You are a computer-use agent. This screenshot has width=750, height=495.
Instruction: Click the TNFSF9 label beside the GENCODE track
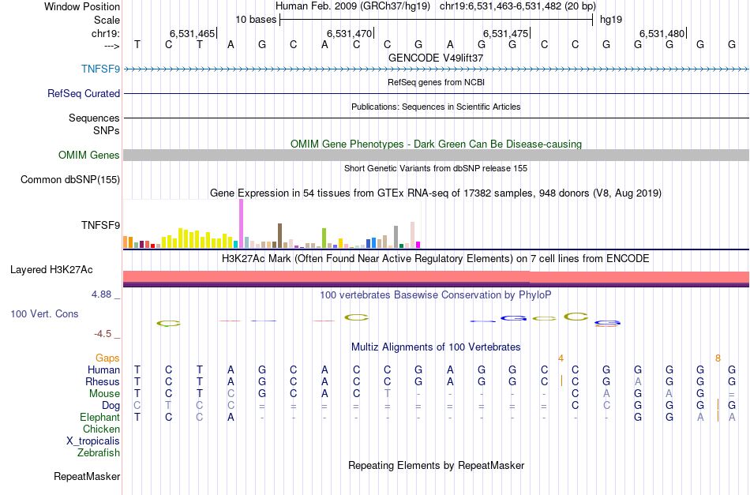pyautogui.click(x=100, y=69)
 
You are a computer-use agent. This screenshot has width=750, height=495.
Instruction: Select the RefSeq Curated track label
pyautogui.click(x=84, y=93)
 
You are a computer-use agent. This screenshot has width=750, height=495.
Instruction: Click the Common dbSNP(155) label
pyautogui.click(x=70, y=180)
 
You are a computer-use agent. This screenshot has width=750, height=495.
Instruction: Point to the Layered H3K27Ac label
pyautogui.click(x=51, y=270)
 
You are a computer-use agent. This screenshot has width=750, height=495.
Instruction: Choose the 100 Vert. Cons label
pyautogui.click(x=44, y=314)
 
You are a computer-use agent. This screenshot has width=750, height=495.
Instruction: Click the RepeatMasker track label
pyautogui.click(x=87, y=477)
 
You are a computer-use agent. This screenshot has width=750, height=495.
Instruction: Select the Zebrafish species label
pyautogui.click(x=99, y=453)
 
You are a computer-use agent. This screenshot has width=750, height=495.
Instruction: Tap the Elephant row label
pyautogui.click(x=100, y=418)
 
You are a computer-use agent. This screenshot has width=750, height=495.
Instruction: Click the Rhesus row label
pyautogui.click(x=103, y=382)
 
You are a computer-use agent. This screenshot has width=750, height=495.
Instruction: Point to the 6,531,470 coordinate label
pyautogui.click(x=349, y=34)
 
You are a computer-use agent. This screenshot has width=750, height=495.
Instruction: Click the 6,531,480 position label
pyautogui.click(x=662, y=34)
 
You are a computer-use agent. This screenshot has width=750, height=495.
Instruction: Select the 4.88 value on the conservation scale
pyautogui.click(x=103, y=294)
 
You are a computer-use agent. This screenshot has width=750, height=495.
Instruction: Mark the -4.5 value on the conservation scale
pyautogui.click(x=105, y=334)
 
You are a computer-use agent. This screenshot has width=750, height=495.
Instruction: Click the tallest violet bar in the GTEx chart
pyautogui.click(x=241, y=223)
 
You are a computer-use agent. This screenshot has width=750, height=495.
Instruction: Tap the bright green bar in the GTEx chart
pyautogui.click(x=324, y=237)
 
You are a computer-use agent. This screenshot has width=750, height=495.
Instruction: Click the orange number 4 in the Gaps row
pyautogui.click(x=561, y=358)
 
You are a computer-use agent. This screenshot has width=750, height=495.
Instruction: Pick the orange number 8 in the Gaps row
pyautogui.click(x=718, y=358)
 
